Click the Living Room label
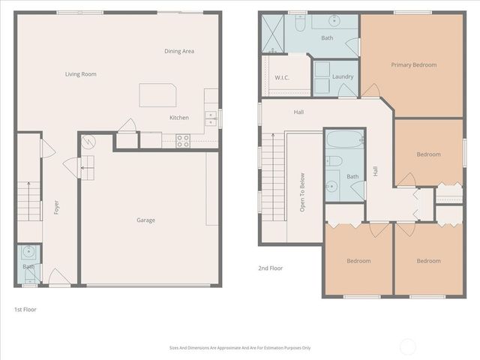coord(80,74)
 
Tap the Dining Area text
coord(179,51)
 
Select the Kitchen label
coord(179,118)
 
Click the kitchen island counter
coord(157,95)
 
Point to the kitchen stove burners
coord(181,140)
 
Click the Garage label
coord(145,220)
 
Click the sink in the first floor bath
coord(28,251)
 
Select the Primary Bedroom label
coord(413,65)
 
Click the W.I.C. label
coord(282,77)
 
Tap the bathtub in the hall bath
coord(343,139)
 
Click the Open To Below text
coord(302,193)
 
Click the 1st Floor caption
coord(25,309)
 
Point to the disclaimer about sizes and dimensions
coord(240,348)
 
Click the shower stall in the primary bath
coord(273,35)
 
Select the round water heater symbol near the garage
coord(88,140)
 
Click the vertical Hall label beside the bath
coord(375,171)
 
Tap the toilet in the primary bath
coord(299,25)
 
